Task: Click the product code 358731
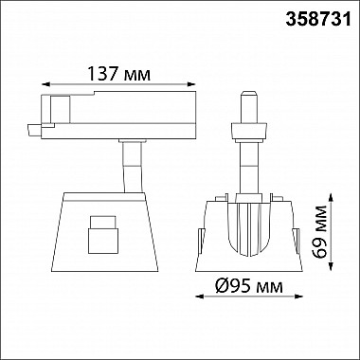pos(318,20)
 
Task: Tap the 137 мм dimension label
pos(118,75)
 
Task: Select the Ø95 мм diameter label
pos(249,287)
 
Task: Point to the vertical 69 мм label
pos(319,232)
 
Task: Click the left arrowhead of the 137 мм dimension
pos(45,84)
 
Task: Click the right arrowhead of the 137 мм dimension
pos(191,84)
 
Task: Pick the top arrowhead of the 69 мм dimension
pos(331,198)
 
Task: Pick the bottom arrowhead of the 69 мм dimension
pos(331,266)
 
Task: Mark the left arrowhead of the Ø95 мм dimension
pos(200,297)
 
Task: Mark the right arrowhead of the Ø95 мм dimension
pos(298,297)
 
